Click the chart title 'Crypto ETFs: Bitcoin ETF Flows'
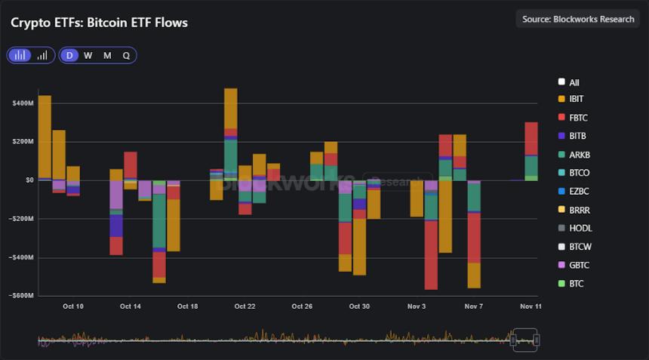99,23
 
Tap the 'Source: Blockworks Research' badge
578,19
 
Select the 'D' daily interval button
69,55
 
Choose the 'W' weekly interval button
88,55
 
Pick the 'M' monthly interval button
107,55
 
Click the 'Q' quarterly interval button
126,55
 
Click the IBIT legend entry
576,99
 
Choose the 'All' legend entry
574,82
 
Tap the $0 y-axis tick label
29,180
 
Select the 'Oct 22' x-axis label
245,306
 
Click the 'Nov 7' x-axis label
473,306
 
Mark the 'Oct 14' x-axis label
130,306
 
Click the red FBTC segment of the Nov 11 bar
531,138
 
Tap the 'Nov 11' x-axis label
531,306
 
